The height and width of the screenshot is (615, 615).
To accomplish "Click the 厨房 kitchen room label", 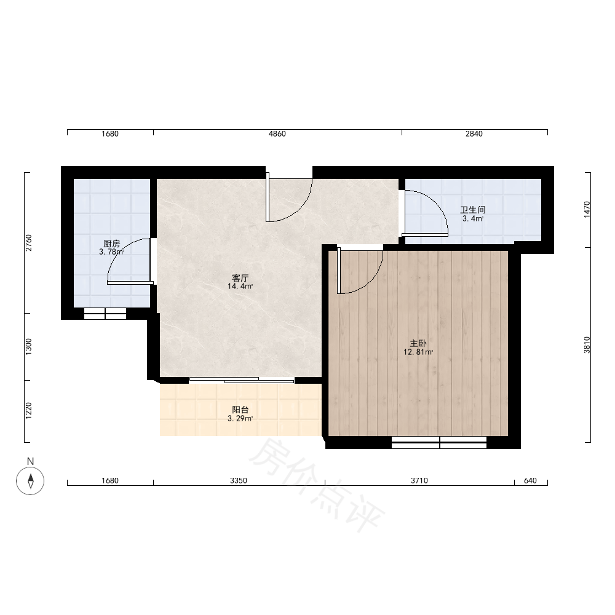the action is click(112, 244).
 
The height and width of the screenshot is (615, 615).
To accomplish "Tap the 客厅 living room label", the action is click(240, 278).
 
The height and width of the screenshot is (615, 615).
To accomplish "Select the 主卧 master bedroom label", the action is click(418, 344).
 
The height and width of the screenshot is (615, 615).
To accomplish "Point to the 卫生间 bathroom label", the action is click(472, 210).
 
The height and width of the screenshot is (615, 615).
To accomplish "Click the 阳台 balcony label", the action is click(240, 410).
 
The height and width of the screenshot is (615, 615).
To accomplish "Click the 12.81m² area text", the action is click(418, 352).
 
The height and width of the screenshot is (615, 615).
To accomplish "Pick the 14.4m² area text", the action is click(240, 287).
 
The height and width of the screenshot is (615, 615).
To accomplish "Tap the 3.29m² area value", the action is click(240, 418).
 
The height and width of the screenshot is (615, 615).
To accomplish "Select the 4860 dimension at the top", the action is click(277, 133).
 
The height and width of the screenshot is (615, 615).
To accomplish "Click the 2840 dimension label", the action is click(474, 133).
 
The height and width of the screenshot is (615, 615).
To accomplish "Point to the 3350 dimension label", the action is click(239, 480).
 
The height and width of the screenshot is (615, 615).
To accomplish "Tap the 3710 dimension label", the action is click(419, 480).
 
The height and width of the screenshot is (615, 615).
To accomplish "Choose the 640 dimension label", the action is click(530, 480).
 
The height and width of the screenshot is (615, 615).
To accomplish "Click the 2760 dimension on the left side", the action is click(29, 243).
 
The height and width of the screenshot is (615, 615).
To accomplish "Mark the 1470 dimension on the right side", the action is click(587, 210).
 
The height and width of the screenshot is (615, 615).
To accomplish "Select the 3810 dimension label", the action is click(587, 345).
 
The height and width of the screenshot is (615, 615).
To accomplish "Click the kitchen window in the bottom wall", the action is click(105, 314).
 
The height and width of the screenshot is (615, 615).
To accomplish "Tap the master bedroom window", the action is click(439, 442).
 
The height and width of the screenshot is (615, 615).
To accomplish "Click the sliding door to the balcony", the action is click(242, 379).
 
